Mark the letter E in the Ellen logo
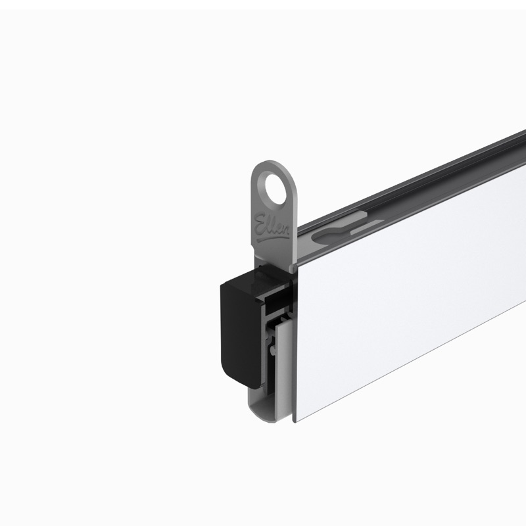click(258, 218)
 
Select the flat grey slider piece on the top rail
click(365, 226)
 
